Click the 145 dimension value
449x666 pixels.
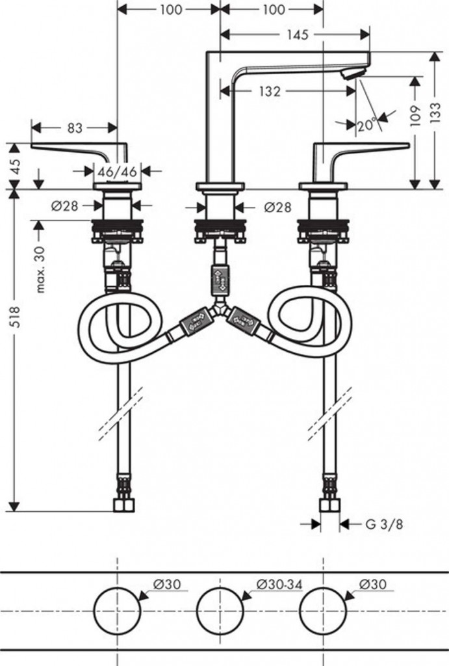tap(297, 34)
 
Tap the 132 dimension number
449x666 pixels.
tap(270, 91)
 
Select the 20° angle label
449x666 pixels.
tap(367, 126)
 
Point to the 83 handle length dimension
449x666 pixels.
tap(75, 127)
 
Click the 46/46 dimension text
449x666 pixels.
tap(117, 172)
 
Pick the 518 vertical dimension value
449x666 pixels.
tap(15, 317)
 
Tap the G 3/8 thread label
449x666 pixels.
tap(384, 524)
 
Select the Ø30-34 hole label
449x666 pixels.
tap(279, 585)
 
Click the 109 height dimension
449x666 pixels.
tap(415, 116)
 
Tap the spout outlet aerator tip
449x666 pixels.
tap(352, 73)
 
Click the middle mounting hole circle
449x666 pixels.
tap(220, 610)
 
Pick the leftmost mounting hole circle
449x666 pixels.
tap(117, 610)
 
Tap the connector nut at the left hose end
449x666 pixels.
tap(124, 505)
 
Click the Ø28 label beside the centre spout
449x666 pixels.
tap(277, 207)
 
